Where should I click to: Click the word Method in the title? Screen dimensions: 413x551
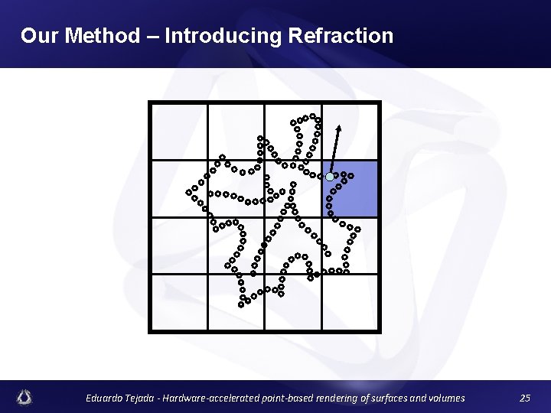coord(103,35)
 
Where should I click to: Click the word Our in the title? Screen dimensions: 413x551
coord(37,35)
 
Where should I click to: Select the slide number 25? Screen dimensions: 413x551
coord(524,398)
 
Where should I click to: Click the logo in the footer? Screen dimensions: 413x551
coord(26,397)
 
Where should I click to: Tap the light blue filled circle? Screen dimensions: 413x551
coord(330,177)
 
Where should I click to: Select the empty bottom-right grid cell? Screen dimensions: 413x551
coord(350,301)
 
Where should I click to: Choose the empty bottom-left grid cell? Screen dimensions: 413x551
coord(179,301)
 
